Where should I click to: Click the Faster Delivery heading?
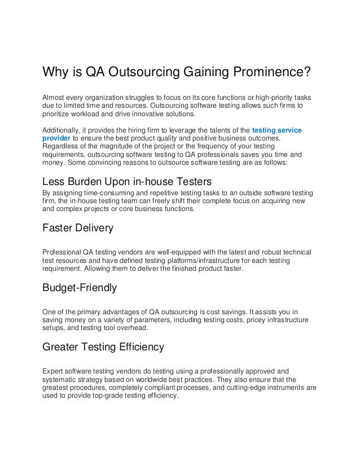(78, 228)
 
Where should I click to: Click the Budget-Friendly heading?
(80, 288)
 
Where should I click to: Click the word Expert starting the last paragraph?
(54, 371)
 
